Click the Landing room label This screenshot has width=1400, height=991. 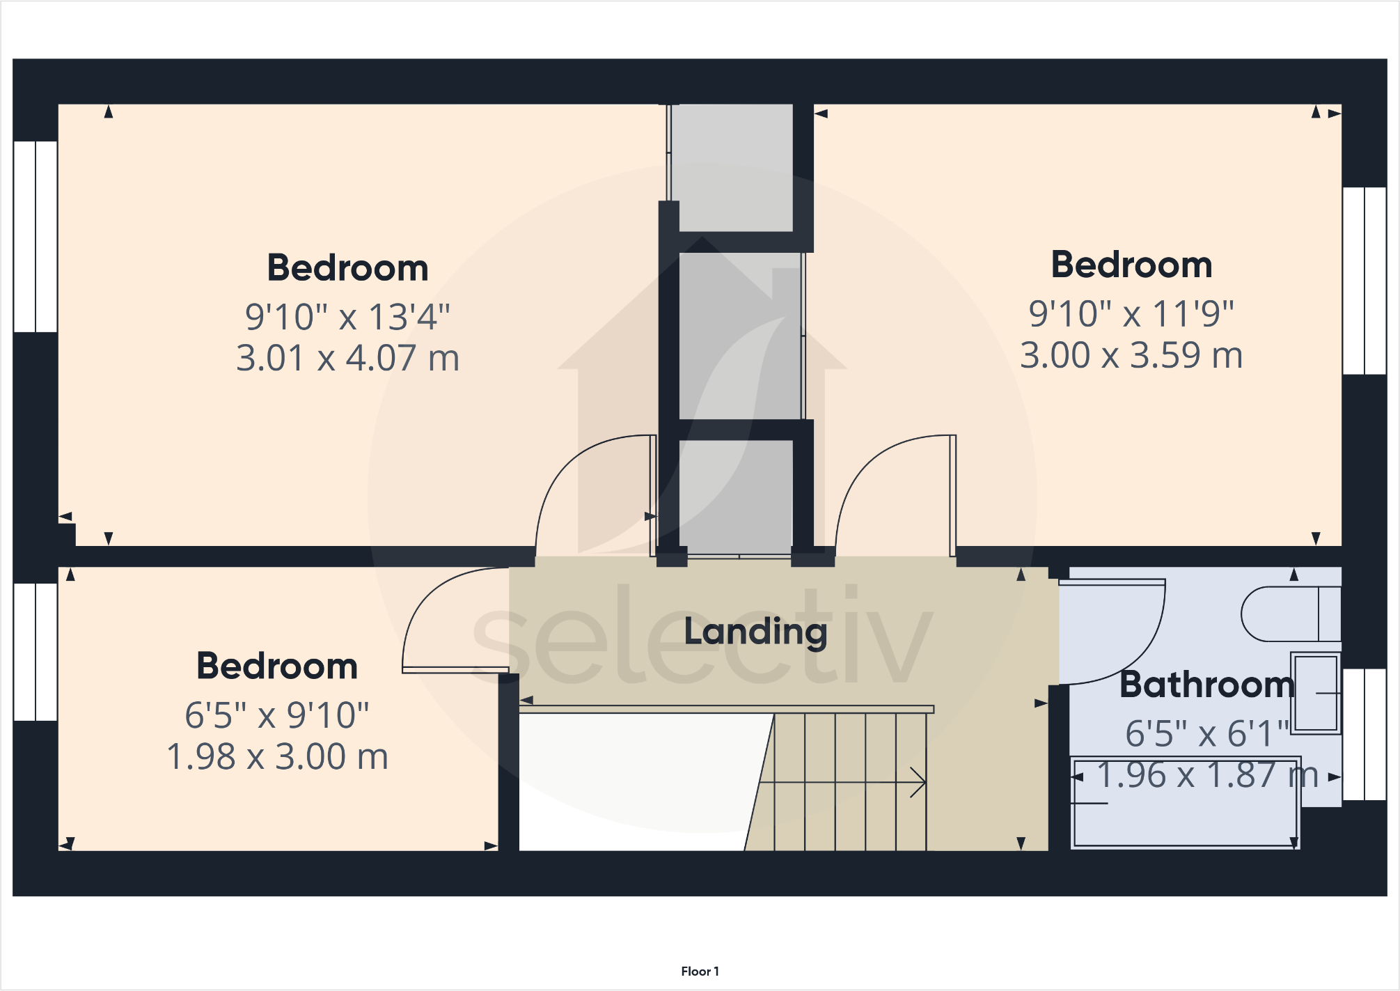(x=755, y=632)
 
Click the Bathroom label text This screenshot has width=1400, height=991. (x=1206, y=685)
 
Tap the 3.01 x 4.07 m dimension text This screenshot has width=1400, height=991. (x=347, y=358)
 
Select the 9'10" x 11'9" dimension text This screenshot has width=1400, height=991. (x=1131, y=314)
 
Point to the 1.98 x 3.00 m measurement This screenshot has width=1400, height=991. (x=277, y=756)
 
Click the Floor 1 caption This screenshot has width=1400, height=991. (x=700, y=971)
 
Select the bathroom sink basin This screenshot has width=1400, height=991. (x=1316, y=693)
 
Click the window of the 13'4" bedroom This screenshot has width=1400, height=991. (x=36, y=237)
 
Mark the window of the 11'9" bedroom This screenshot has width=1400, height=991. (x=1364, y=281)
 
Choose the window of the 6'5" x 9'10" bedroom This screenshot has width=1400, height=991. (x=36, y=652)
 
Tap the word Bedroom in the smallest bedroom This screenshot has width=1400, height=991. (x=277, y=666)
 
